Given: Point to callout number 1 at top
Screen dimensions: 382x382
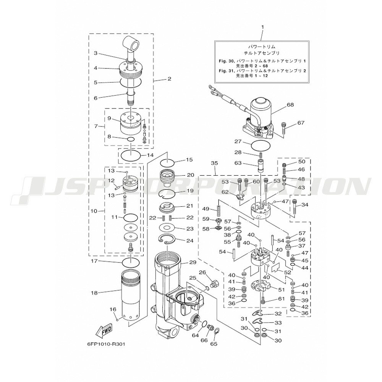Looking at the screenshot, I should pos(262,27).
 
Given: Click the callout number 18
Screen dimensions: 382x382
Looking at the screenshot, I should pos(95,293).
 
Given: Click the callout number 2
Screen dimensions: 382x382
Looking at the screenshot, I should pos(169,79).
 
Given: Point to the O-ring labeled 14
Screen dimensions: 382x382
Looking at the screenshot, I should pos(129,155).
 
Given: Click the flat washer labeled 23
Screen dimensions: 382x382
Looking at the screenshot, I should pos(167,229).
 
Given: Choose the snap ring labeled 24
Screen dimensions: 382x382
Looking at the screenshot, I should pos(167,240).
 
